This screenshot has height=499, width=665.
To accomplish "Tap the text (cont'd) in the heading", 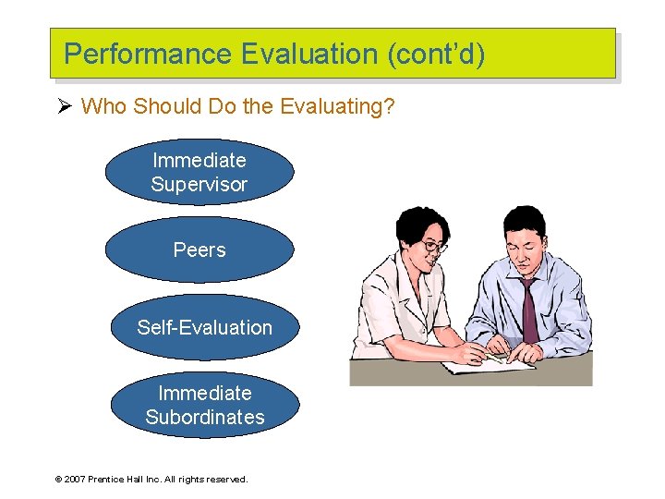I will coord(436,55).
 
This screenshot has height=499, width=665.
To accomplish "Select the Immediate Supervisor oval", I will coord(199,172).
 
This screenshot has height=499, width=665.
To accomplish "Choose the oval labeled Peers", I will coord(199,249).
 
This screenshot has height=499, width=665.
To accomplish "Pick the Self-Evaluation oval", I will coord(204,327).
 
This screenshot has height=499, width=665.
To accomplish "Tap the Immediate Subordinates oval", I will coord(204,405).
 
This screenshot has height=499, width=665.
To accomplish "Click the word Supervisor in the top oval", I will coord(199,185).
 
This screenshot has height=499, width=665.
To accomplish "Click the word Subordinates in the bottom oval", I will coord(204,418).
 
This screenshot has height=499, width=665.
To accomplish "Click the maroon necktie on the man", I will coord(530,310).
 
